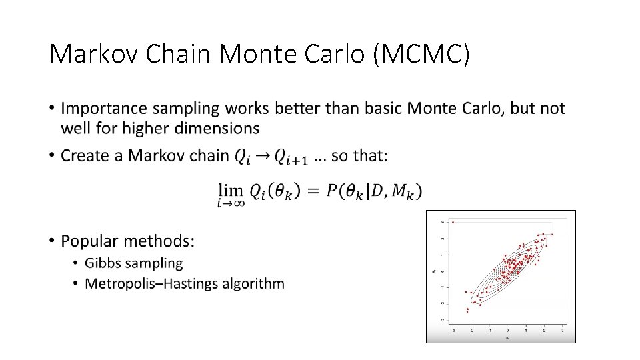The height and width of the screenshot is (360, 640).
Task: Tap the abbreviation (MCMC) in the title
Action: (x=421, y=54)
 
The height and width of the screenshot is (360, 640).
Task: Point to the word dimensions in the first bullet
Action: (x=216, y=127)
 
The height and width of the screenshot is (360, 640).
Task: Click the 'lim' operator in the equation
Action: (x=229, y=189)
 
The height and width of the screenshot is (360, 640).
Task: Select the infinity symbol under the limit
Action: (x=238, y=204)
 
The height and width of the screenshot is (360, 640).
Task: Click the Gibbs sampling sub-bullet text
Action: (x=133, y=263)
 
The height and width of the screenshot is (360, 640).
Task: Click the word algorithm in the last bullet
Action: (x=257, y=283)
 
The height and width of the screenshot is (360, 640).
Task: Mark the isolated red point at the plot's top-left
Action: (x=453, y=222)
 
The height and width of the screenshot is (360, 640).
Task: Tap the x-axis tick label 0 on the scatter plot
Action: (x=507, y=330)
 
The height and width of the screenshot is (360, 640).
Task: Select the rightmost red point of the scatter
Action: (x=552, y=234)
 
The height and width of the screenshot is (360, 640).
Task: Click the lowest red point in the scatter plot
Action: (x=467, y=311)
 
